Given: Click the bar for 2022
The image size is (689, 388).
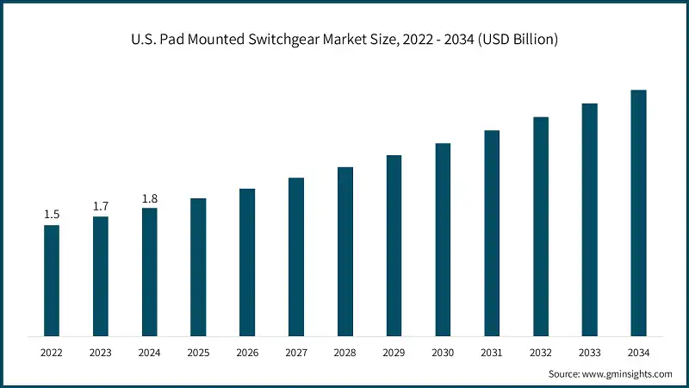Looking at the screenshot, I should [x=52, y=280].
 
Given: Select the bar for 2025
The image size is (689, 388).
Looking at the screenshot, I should [x=198, y=266].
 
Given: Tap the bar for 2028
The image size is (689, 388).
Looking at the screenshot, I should [x=344, y=251].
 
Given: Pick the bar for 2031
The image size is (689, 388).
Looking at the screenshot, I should [x=492, y=233].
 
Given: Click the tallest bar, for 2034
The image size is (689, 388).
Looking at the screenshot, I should [x=638, y=212].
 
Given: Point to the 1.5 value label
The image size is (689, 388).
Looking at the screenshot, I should [x=52, y=215].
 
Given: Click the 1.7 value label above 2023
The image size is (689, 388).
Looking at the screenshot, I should [x=101, y=206].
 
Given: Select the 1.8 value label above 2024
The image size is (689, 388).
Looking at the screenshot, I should [x=150, y=198].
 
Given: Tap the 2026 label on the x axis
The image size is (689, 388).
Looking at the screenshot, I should [x=247, y=353].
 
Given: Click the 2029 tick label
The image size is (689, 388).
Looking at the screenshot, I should [x=394, y=353].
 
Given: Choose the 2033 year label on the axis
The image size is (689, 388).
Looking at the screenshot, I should [x=589, y=353].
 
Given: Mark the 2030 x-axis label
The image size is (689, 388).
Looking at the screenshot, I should [x=443, y=353].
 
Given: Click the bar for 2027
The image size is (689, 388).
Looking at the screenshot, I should [x=296, y=257].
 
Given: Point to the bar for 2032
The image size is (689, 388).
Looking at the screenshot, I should [x=541, y=226].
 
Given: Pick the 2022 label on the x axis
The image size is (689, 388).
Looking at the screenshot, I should [x=52, y=353].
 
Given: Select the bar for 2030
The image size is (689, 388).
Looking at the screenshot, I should [x=443, y=240].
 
